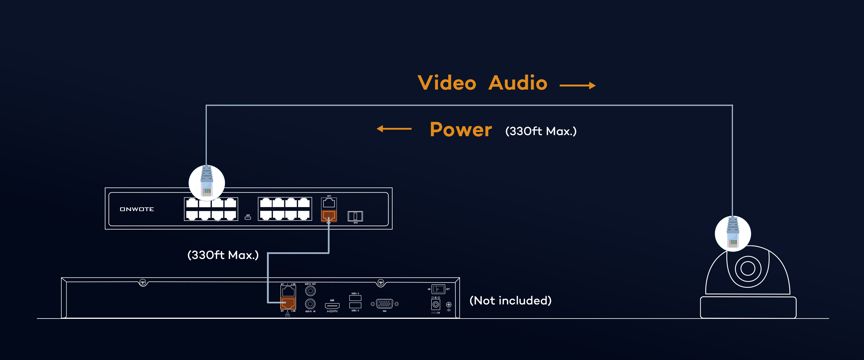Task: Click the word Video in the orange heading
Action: click(447, 83)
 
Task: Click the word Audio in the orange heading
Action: click(518, 83)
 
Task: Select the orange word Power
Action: click(461, 130)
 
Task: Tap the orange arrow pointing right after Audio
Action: click(577, 86)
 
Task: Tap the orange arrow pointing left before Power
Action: click(394, 128)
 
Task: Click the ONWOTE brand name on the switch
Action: click(137, 209)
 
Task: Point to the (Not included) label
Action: click(510, 300)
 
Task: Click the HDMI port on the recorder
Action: click(332, 305)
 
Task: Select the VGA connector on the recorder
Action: click(384, 304)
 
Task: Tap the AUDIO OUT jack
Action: click(310, 291)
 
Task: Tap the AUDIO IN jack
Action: click(310, 304)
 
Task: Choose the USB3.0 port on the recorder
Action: click(355, 298)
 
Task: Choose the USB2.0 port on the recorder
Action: click(355, 305)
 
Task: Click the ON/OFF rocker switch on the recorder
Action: click(438, 289)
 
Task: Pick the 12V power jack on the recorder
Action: click(435, 305)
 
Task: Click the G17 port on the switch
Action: click(329, 203)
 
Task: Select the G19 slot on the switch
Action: click(355, 216)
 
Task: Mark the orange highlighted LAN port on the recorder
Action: click(288, 303)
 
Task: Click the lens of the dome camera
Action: click(748, 268)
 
